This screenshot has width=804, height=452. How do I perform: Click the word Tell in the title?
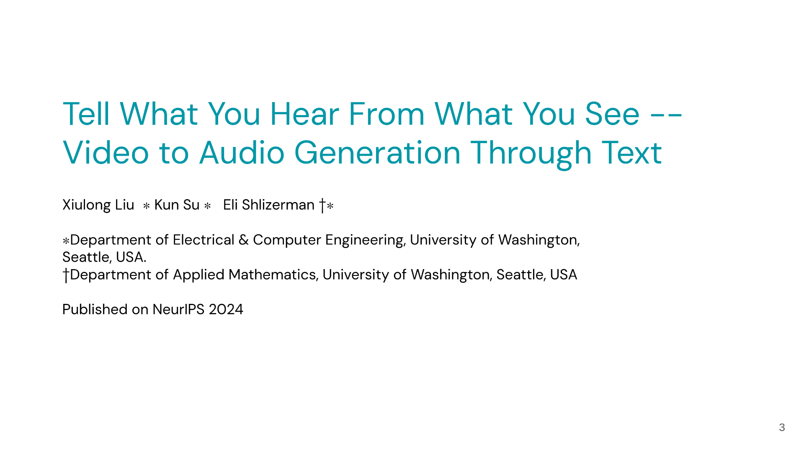tap(86, 114)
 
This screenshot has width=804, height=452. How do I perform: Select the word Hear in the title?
tap(304, 114)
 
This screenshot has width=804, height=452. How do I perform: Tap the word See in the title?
tap(612, 114)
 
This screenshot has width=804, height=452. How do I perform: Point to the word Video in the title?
tap(106, 153)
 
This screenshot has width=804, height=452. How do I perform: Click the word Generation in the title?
tap(377, 153)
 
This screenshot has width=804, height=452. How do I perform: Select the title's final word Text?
tap(632, 153)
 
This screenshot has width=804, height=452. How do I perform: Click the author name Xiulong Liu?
tap(98, 205)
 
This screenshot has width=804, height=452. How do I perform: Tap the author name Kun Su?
tap(177, 205)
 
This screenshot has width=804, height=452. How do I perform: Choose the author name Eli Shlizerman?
tap(268, 205)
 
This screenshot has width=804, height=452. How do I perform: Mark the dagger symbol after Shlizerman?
tap(322, 205)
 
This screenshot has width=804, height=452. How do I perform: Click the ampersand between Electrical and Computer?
tap(243, 240)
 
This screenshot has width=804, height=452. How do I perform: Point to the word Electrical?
tap(204, 240)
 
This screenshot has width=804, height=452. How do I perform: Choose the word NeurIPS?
tap(178, 310)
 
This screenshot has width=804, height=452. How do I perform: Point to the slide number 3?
tap(782, 427)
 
